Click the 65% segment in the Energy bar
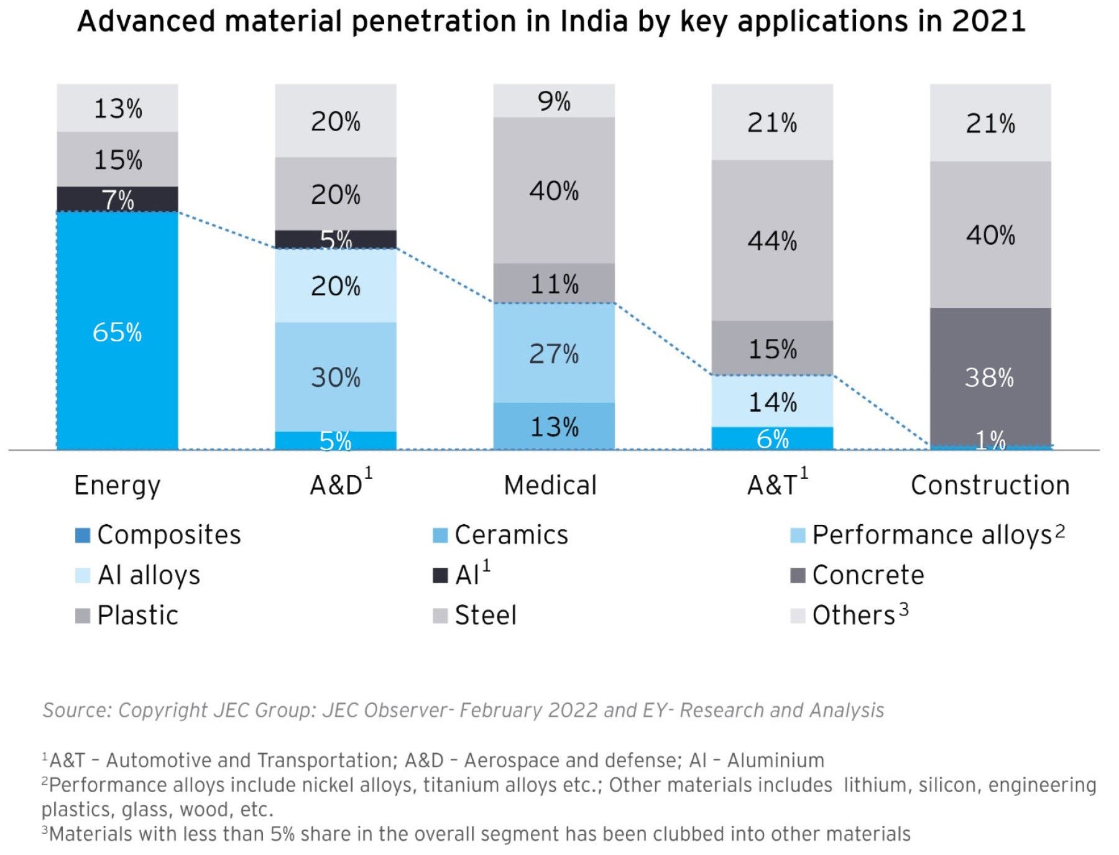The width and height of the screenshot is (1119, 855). coord(117,331)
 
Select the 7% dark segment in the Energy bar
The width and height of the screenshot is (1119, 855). coord(117,199)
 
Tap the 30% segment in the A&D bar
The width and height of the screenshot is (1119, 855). coord(336,377)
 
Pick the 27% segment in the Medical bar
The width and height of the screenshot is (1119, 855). coord(554,353)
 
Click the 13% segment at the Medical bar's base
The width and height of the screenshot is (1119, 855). coord(554,427)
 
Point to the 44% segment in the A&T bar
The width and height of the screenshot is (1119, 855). coord(772,240)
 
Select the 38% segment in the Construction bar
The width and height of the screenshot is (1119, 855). coord(990,377)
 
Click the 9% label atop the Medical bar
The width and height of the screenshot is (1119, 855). coord(554,101)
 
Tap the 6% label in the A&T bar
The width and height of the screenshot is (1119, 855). coord(772,439)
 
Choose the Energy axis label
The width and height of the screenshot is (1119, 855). coord(117,485)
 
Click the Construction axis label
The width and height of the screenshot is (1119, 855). coord(990,485)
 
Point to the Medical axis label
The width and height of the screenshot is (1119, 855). coord(550,485)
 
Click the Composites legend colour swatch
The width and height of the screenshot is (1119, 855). coord(83,535)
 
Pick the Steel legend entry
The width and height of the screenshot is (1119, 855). coord(486,616)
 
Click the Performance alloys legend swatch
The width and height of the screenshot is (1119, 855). coord(798,535)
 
